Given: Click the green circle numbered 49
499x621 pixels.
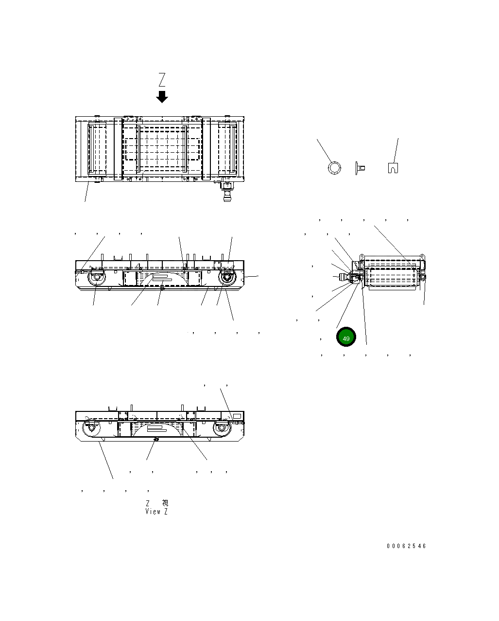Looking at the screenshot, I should [x=346, y=337].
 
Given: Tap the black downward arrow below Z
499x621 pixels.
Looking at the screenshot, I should [x=162, y=96].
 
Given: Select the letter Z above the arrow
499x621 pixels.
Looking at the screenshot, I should [x=162, y=79].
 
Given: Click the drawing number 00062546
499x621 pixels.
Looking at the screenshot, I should [x=406, y=546].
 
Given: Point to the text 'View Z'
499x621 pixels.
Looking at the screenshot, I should [x=156, y=512].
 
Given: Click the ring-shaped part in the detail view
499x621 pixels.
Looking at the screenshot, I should [x=334, y=168].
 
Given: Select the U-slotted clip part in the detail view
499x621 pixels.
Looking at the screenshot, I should [x=393, y=167].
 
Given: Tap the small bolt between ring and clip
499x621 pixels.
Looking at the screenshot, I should [x=360, y=168].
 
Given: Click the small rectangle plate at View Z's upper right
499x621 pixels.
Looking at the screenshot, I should [x=237, y=416].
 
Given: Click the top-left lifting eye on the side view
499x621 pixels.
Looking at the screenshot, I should [x=362, y=256].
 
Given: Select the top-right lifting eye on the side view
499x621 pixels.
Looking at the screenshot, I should [x=422, y=256].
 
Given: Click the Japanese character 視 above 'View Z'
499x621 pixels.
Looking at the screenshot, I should [x=165, y=503].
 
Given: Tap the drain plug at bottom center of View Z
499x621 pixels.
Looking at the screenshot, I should [x=155, y=439].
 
